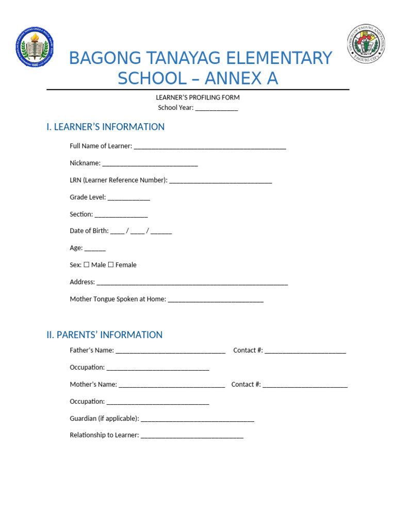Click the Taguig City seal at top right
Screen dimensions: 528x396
(366, 44)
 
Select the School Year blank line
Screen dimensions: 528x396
(217, 108)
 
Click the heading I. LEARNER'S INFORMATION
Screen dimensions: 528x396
(105, 127)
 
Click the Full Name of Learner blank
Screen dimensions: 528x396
(209, 147)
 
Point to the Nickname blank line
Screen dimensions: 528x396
(150, 164)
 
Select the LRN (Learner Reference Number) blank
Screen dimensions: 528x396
(220, 181)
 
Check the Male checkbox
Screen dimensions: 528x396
(87, 265)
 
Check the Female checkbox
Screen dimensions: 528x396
(111, 265)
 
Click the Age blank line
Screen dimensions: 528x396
(95, 249)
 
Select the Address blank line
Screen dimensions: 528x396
(192, 283)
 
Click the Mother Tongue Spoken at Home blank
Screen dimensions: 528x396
(216, 300)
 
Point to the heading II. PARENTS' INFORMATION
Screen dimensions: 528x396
(104, 335)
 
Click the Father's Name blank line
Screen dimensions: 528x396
(171, 351)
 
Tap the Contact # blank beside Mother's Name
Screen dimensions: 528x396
(305, 385)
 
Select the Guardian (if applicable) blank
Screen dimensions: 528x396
(197, 419)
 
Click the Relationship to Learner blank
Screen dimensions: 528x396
(192, 436)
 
